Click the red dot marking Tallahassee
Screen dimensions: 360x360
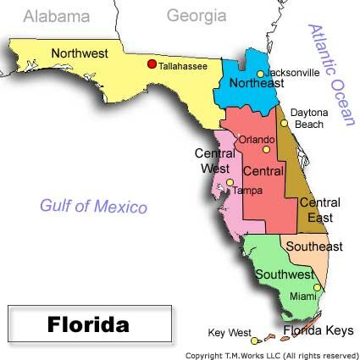[152, 63]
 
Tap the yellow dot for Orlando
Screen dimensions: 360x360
[266, 149]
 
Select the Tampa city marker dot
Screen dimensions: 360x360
[230, 182]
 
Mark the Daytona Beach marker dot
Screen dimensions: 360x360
[285, 122]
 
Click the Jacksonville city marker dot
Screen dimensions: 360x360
[261, 75]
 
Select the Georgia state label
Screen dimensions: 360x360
[196, 15]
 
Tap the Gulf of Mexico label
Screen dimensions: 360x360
[93, 207]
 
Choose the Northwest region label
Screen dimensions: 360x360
[79, 53]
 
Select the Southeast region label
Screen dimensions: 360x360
[313, 246]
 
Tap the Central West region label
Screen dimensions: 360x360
[214, 160]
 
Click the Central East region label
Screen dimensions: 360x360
[320, 210]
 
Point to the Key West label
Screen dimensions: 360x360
[230, 332]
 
